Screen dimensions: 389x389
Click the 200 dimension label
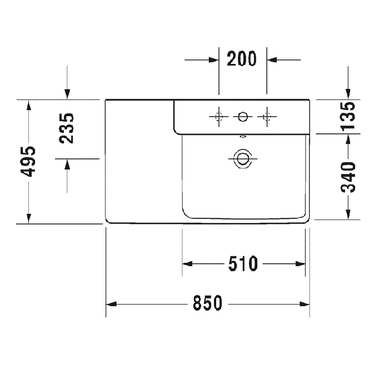(242, 59)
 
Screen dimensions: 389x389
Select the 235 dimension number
(67, 128)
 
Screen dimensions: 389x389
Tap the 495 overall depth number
(28, 162)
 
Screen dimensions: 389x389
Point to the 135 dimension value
(348, 116)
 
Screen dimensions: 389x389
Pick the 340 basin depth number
(348, 177)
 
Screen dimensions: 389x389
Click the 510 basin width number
(243, 264)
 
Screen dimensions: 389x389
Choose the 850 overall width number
(207, 303)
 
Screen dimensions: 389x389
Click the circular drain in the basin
(243, 159)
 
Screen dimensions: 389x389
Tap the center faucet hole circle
(243, 117)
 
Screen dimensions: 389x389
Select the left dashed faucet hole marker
(219, 116)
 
